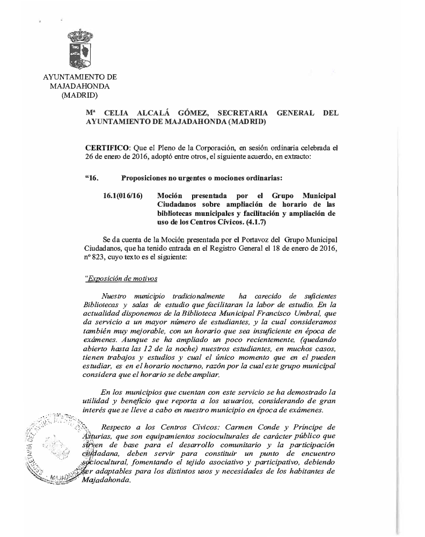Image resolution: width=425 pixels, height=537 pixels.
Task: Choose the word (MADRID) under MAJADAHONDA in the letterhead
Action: (79, 96)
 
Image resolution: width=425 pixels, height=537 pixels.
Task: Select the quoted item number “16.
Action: (92, 178)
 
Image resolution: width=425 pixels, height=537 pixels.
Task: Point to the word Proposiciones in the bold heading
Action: (146, 178)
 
